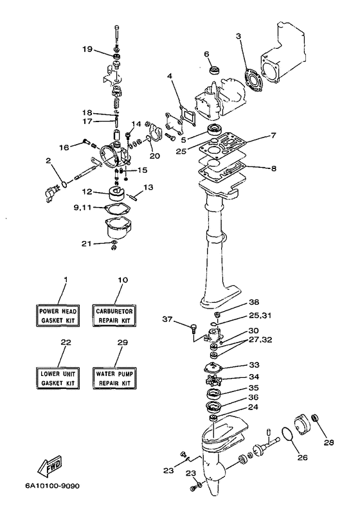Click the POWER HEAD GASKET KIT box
click(58, 316)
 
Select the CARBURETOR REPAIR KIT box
click(114, 316)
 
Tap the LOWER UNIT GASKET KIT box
click(58, 378)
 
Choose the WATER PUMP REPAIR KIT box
click(114, 378)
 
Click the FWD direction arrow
click(50, 465)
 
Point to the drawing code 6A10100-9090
click(52, 486)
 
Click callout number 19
click(87, 49)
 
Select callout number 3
click(239, 36)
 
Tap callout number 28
click(329, 443)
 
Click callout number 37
click(167, 319)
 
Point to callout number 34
click(254, 377)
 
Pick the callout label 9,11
click(82, 207)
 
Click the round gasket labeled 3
click(253, 78)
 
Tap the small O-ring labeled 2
click(65, 184)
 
